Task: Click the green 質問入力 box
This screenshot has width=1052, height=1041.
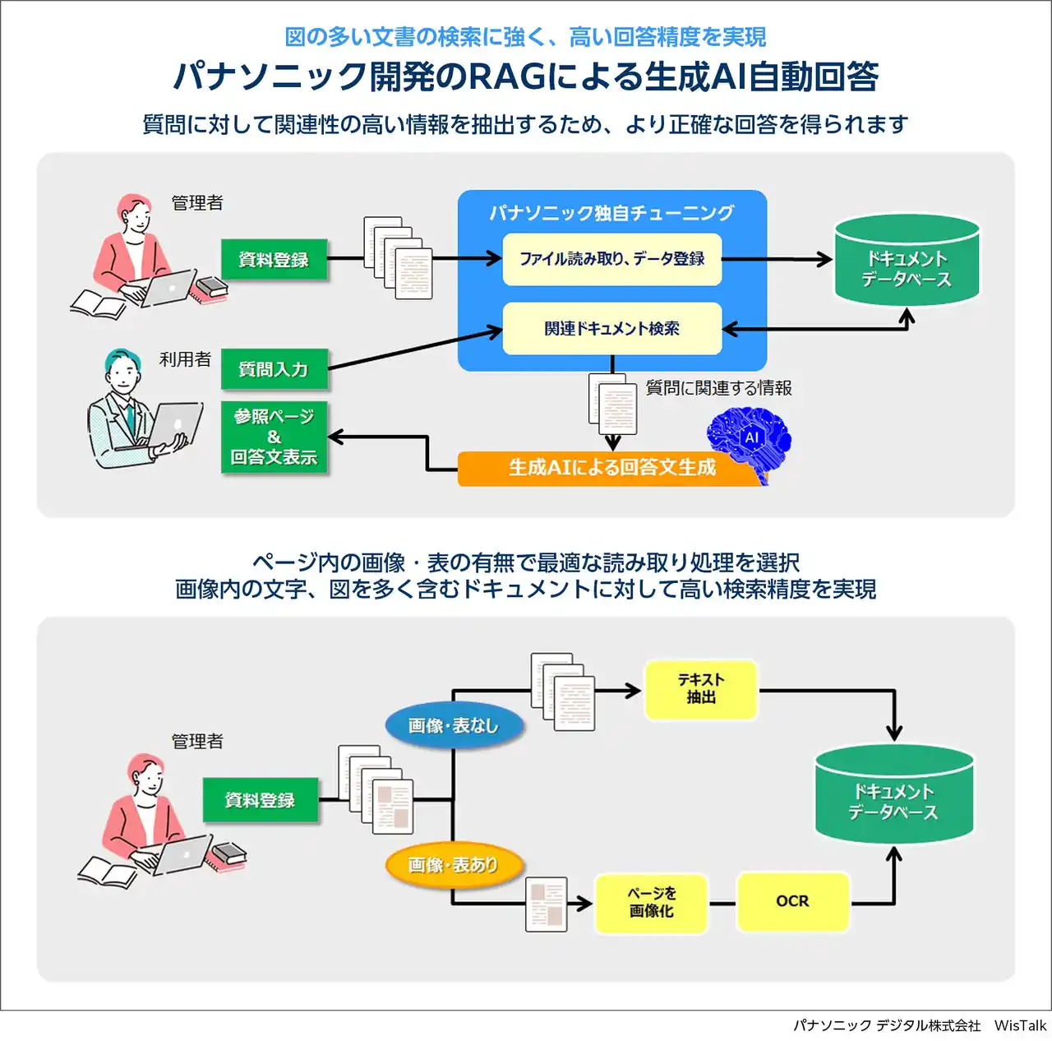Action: pos(275,370)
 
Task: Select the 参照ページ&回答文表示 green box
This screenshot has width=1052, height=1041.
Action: pos(275,437)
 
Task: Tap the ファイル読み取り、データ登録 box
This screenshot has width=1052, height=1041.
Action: pos(611,259)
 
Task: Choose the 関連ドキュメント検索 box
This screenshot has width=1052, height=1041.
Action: pos(611,329)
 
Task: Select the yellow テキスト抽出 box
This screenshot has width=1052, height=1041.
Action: pos(701,689)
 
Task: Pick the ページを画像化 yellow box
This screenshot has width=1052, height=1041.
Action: pos(651,903)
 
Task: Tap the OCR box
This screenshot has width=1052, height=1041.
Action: pos(792,902)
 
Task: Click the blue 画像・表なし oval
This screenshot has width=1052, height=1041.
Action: pos(454,725)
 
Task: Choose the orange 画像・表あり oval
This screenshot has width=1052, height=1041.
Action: pos(454,865)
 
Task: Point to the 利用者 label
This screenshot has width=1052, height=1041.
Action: pos(185,359)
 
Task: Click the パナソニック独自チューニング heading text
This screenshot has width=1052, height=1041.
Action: pos(611,213)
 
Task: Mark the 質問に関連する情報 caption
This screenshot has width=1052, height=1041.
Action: pos(718,388)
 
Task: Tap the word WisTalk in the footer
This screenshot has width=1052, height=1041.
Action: pos(1020,1025)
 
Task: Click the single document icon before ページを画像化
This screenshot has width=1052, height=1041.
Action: pos(547,904)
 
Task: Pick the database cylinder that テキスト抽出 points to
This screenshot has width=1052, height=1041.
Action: pos(894,793)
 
